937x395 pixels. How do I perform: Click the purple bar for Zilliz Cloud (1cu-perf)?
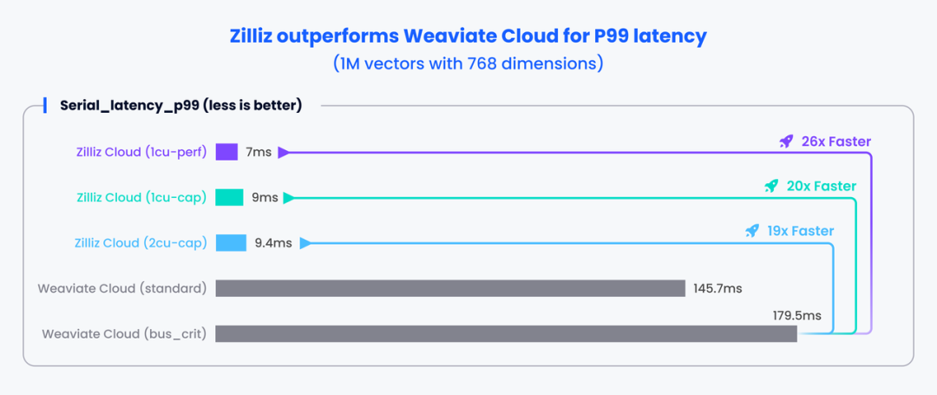tap(226, 152)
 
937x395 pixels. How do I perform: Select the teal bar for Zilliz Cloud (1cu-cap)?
tap(229, 197)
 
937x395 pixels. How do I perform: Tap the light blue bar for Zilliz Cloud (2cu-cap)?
tap(231, 243)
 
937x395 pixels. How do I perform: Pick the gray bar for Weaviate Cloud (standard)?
tap(450, 288)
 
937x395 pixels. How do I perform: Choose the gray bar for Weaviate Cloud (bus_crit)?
tap(506, 333)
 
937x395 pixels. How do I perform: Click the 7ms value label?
tap(259, 152)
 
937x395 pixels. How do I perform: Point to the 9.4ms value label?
tap(273, 243)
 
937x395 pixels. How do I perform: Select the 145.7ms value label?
tap(717, 288)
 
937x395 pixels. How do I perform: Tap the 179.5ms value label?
tap(796, 315)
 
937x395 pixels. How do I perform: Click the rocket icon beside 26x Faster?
tap(786, 141)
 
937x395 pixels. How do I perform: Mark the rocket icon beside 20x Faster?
tap(771, 186)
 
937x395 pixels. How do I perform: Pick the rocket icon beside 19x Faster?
tap(752, 231)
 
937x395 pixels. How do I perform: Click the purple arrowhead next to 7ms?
tap(283, 152)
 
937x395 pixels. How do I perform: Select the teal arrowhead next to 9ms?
tap(289, 197)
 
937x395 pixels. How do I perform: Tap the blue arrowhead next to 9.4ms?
tap(305, 243)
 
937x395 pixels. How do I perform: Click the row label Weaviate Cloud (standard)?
tap(121, 288)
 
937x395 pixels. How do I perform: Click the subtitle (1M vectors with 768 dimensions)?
tap(468, 63)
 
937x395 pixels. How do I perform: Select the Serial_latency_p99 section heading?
tap(180, 106)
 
